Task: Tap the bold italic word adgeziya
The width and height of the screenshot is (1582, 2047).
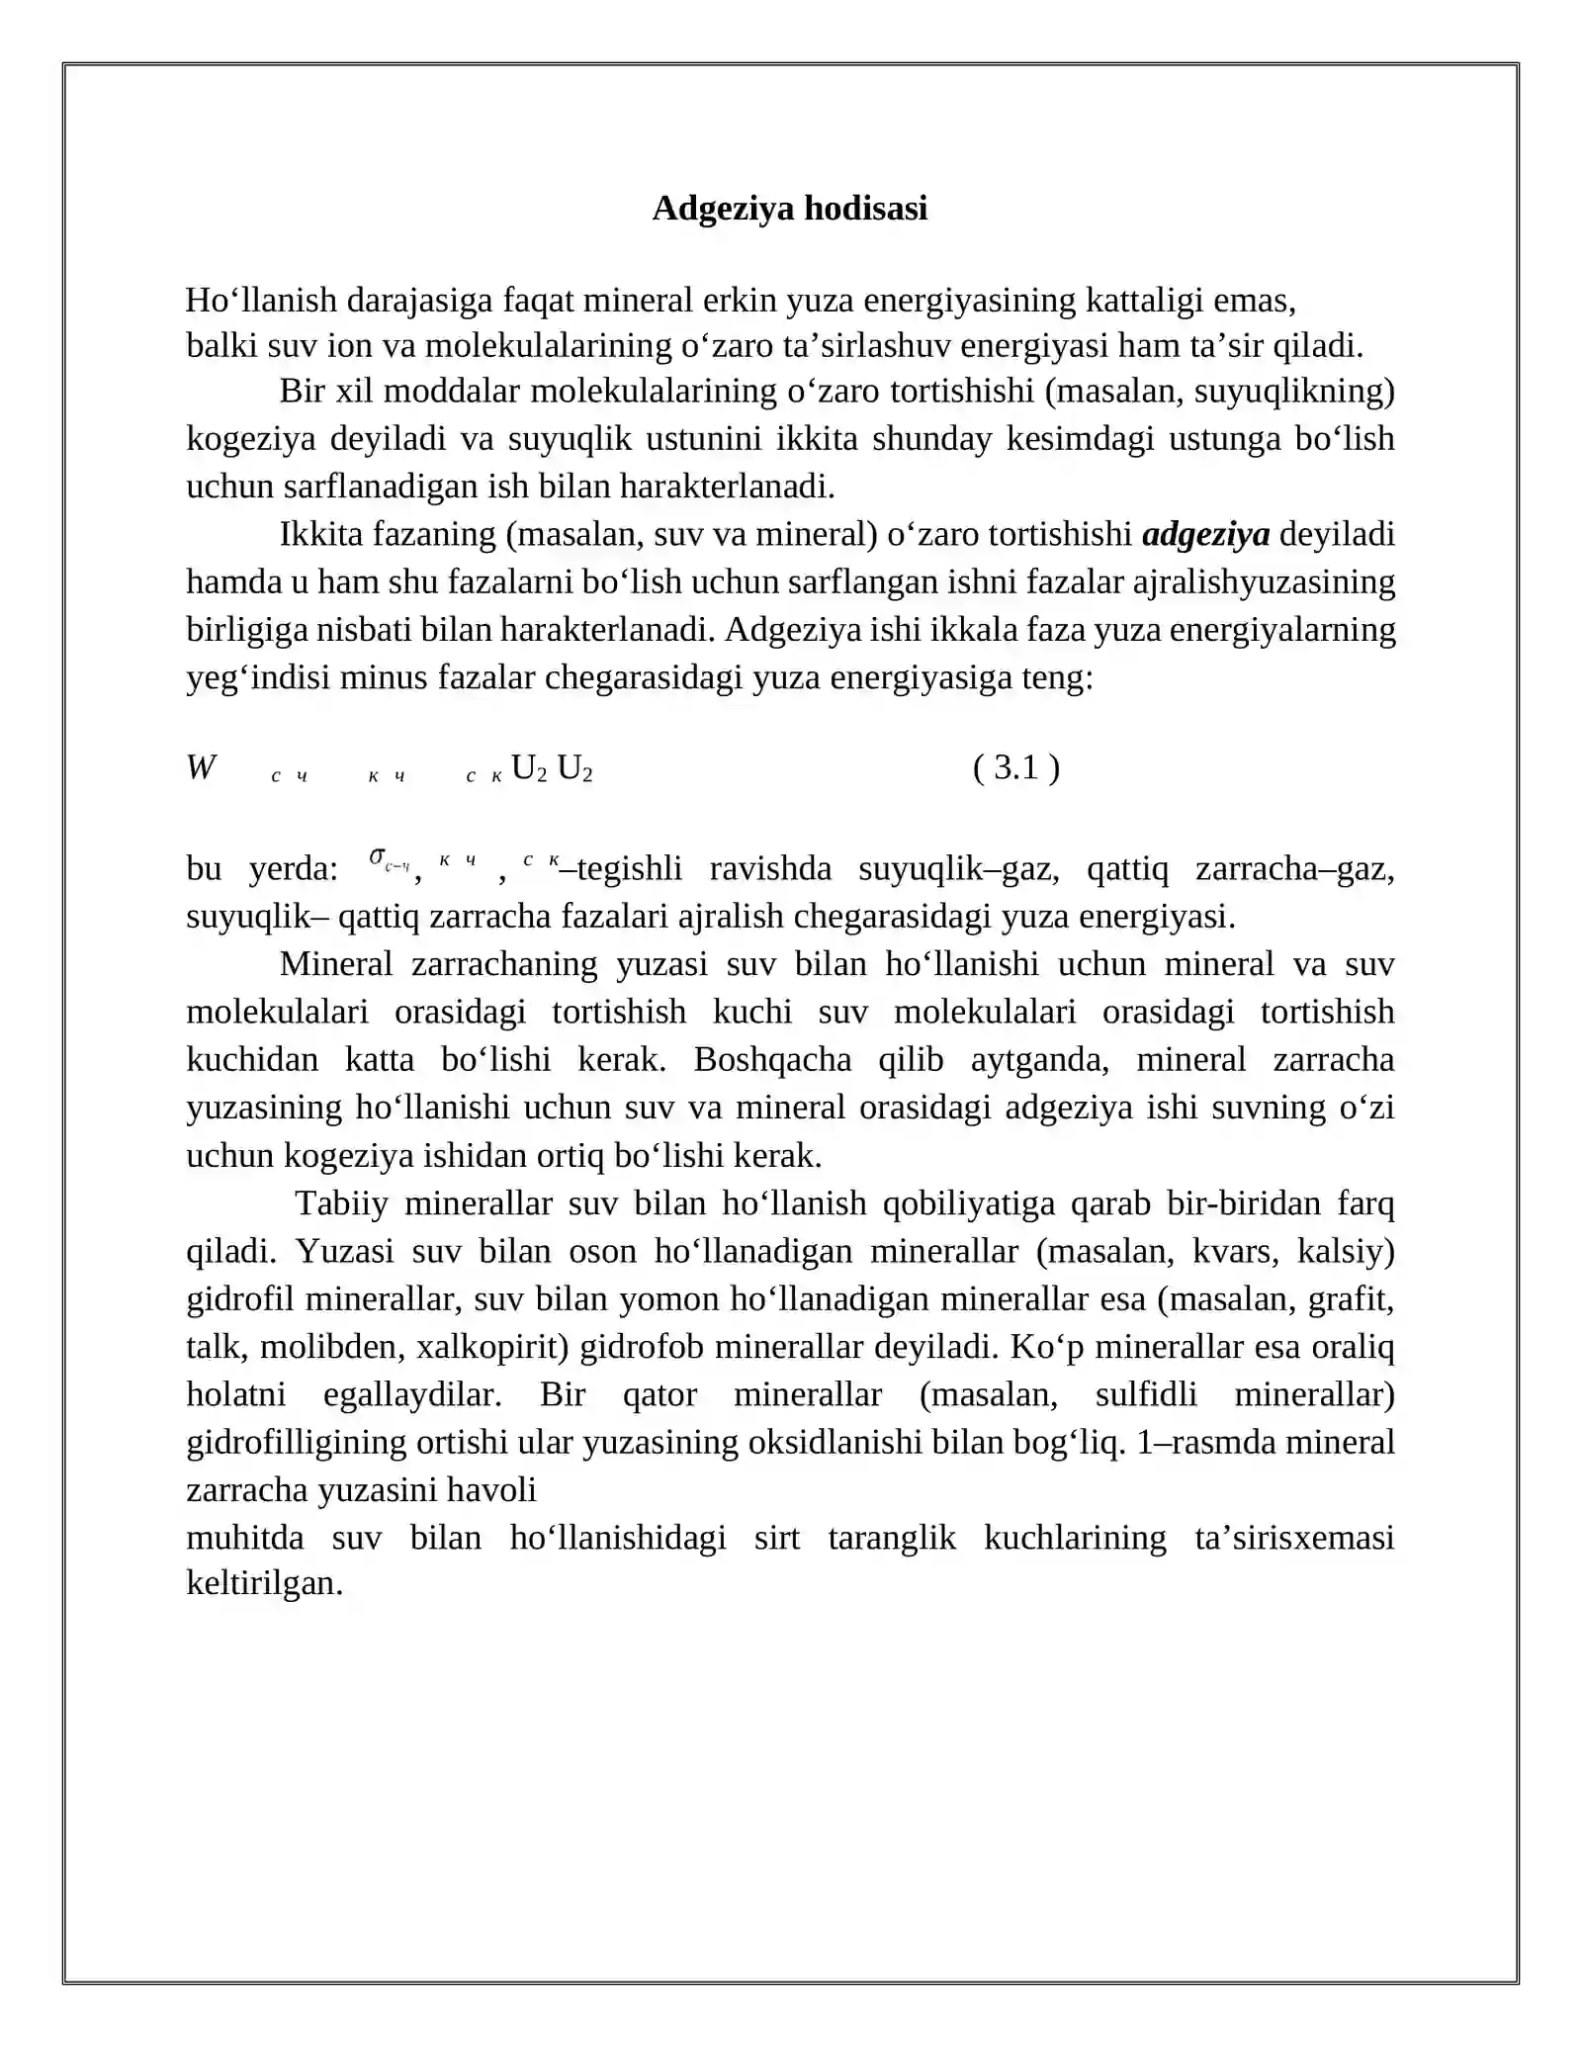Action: [x=1205, y=535]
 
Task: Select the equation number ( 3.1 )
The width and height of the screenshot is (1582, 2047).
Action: [x=1015, y=767]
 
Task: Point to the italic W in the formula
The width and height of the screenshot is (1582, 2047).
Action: [x=201, y=768]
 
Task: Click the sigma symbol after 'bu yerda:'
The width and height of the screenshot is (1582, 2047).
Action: [x=378, y=856]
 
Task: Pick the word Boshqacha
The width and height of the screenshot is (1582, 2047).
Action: [x=772, y=1060]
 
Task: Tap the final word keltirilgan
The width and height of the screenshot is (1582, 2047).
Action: [x=264, y=1582]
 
